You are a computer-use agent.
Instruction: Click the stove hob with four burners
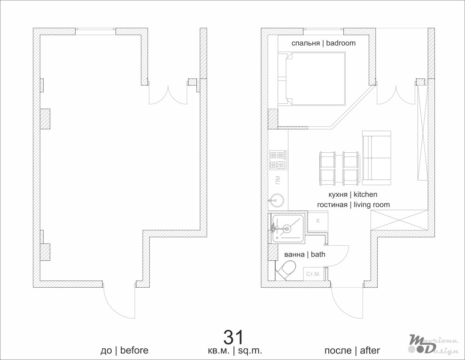[278, 161]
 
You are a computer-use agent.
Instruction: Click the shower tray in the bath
[287, 228]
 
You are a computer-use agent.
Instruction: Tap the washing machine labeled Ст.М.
[314, 274]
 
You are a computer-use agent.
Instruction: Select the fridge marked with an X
[318, 221]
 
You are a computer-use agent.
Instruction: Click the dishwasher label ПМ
[278, 180]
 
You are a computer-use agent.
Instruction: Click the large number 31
[233, 337]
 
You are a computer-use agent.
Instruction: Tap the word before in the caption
[134, 350]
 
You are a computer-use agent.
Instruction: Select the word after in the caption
[370, 351]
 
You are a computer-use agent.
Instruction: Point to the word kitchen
[365, 195]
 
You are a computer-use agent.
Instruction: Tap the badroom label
[341, 43]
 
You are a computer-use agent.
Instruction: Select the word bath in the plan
[318, 254]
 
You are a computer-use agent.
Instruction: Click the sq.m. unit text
[250, 351]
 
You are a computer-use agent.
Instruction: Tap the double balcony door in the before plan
[168, 94]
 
